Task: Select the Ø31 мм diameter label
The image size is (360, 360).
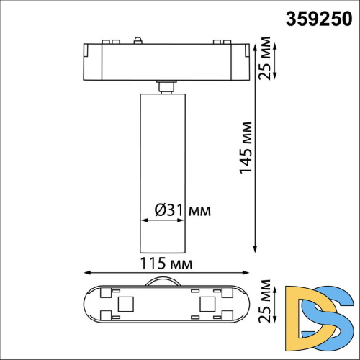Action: coord(183,210)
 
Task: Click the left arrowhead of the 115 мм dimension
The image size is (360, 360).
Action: coord(86,273)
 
